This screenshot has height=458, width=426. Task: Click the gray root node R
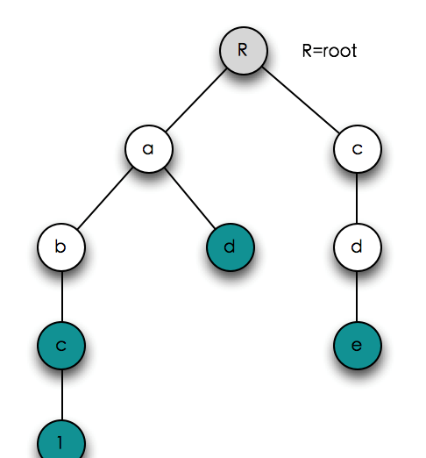click(x=244, y=51)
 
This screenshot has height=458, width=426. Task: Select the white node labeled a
click(x=149, y=149)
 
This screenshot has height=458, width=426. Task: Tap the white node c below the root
click(x=358, y=149)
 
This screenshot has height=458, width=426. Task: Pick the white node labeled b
click(x=61, y=247)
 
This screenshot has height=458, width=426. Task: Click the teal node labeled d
click(x=231, y=247)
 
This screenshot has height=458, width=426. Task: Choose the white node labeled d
click(x=358, y=247)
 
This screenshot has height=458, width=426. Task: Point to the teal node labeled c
click(x=61, y=346)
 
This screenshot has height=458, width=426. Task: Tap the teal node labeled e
click(x=358, y=346)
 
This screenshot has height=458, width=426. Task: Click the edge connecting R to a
click(x=196, y=100)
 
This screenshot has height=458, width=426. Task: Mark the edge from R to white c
click(x=301, y=100)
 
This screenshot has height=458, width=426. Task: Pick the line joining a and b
click(x=105, y=198)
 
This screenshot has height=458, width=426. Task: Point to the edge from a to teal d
click(x=189, y=198)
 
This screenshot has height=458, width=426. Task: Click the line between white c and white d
click(x=357, y=198)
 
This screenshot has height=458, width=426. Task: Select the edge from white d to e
click(x=357, y=297)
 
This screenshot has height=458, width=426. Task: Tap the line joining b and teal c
click(x=62, y=297)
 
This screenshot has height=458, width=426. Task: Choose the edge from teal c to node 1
click(x=62, y=395)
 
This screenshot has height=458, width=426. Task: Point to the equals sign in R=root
click(x=317, y=52)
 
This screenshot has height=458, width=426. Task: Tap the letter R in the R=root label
click(x=307, y=51)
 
